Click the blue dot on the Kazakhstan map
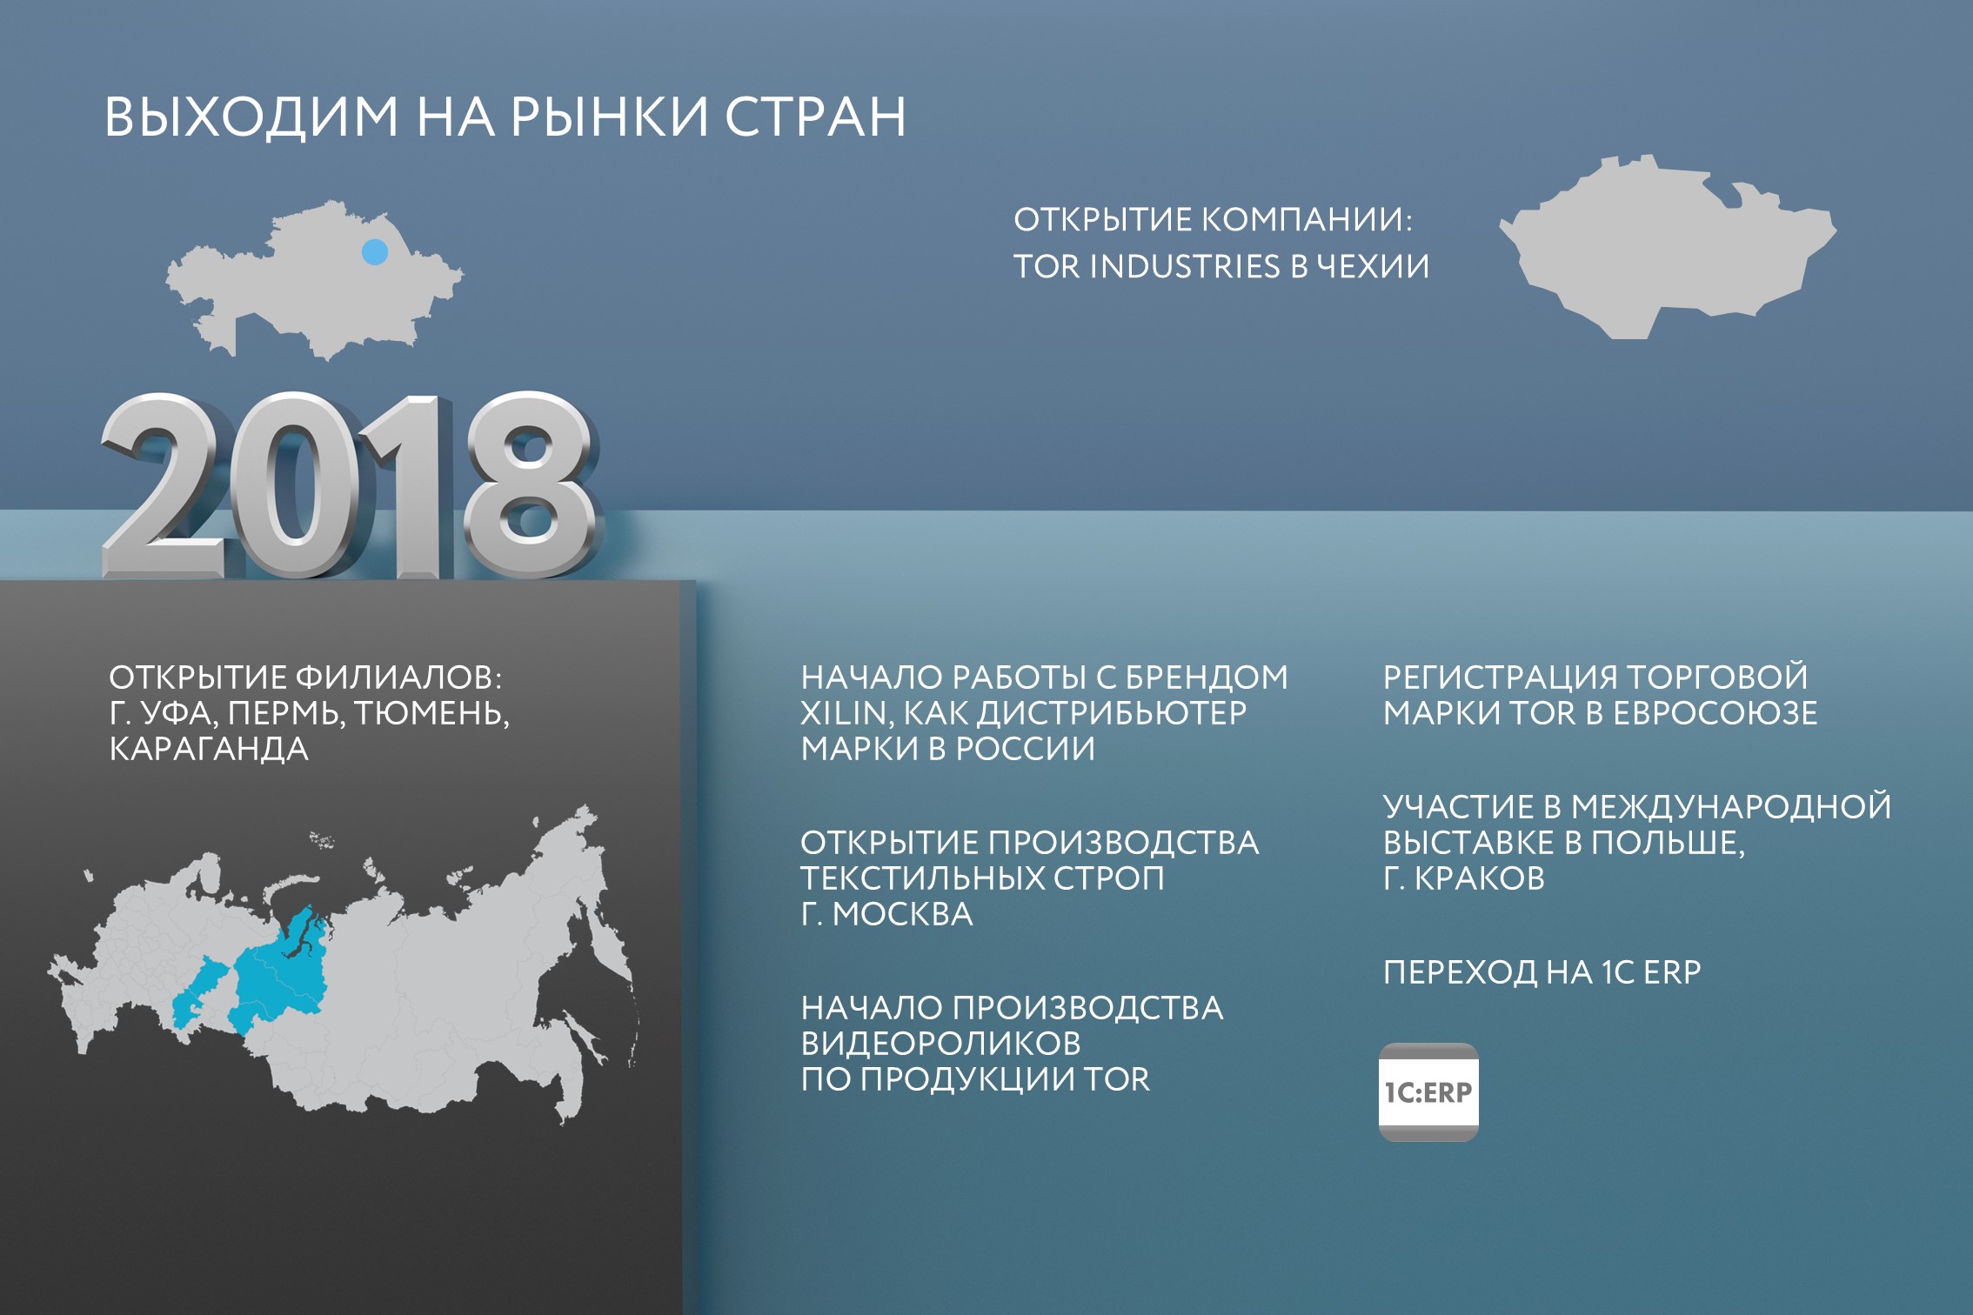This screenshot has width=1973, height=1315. tap(375, 252)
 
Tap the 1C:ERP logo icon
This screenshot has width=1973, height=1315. tap(1428, 1091)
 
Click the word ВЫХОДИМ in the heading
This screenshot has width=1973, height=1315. tap(251, 117)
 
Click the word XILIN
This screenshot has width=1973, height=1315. tap(844, 714)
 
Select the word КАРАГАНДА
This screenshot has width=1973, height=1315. tap(209, 750)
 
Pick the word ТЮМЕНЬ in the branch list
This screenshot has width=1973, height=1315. tap(431, 714)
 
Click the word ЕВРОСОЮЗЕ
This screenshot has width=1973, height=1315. tap(1715, 714)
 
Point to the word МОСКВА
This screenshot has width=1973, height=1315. tap(902, 915)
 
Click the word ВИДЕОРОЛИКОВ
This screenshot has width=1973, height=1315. tap(941, 1044)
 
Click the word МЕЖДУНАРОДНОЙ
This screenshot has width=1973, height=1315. tap(1731, 807)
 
